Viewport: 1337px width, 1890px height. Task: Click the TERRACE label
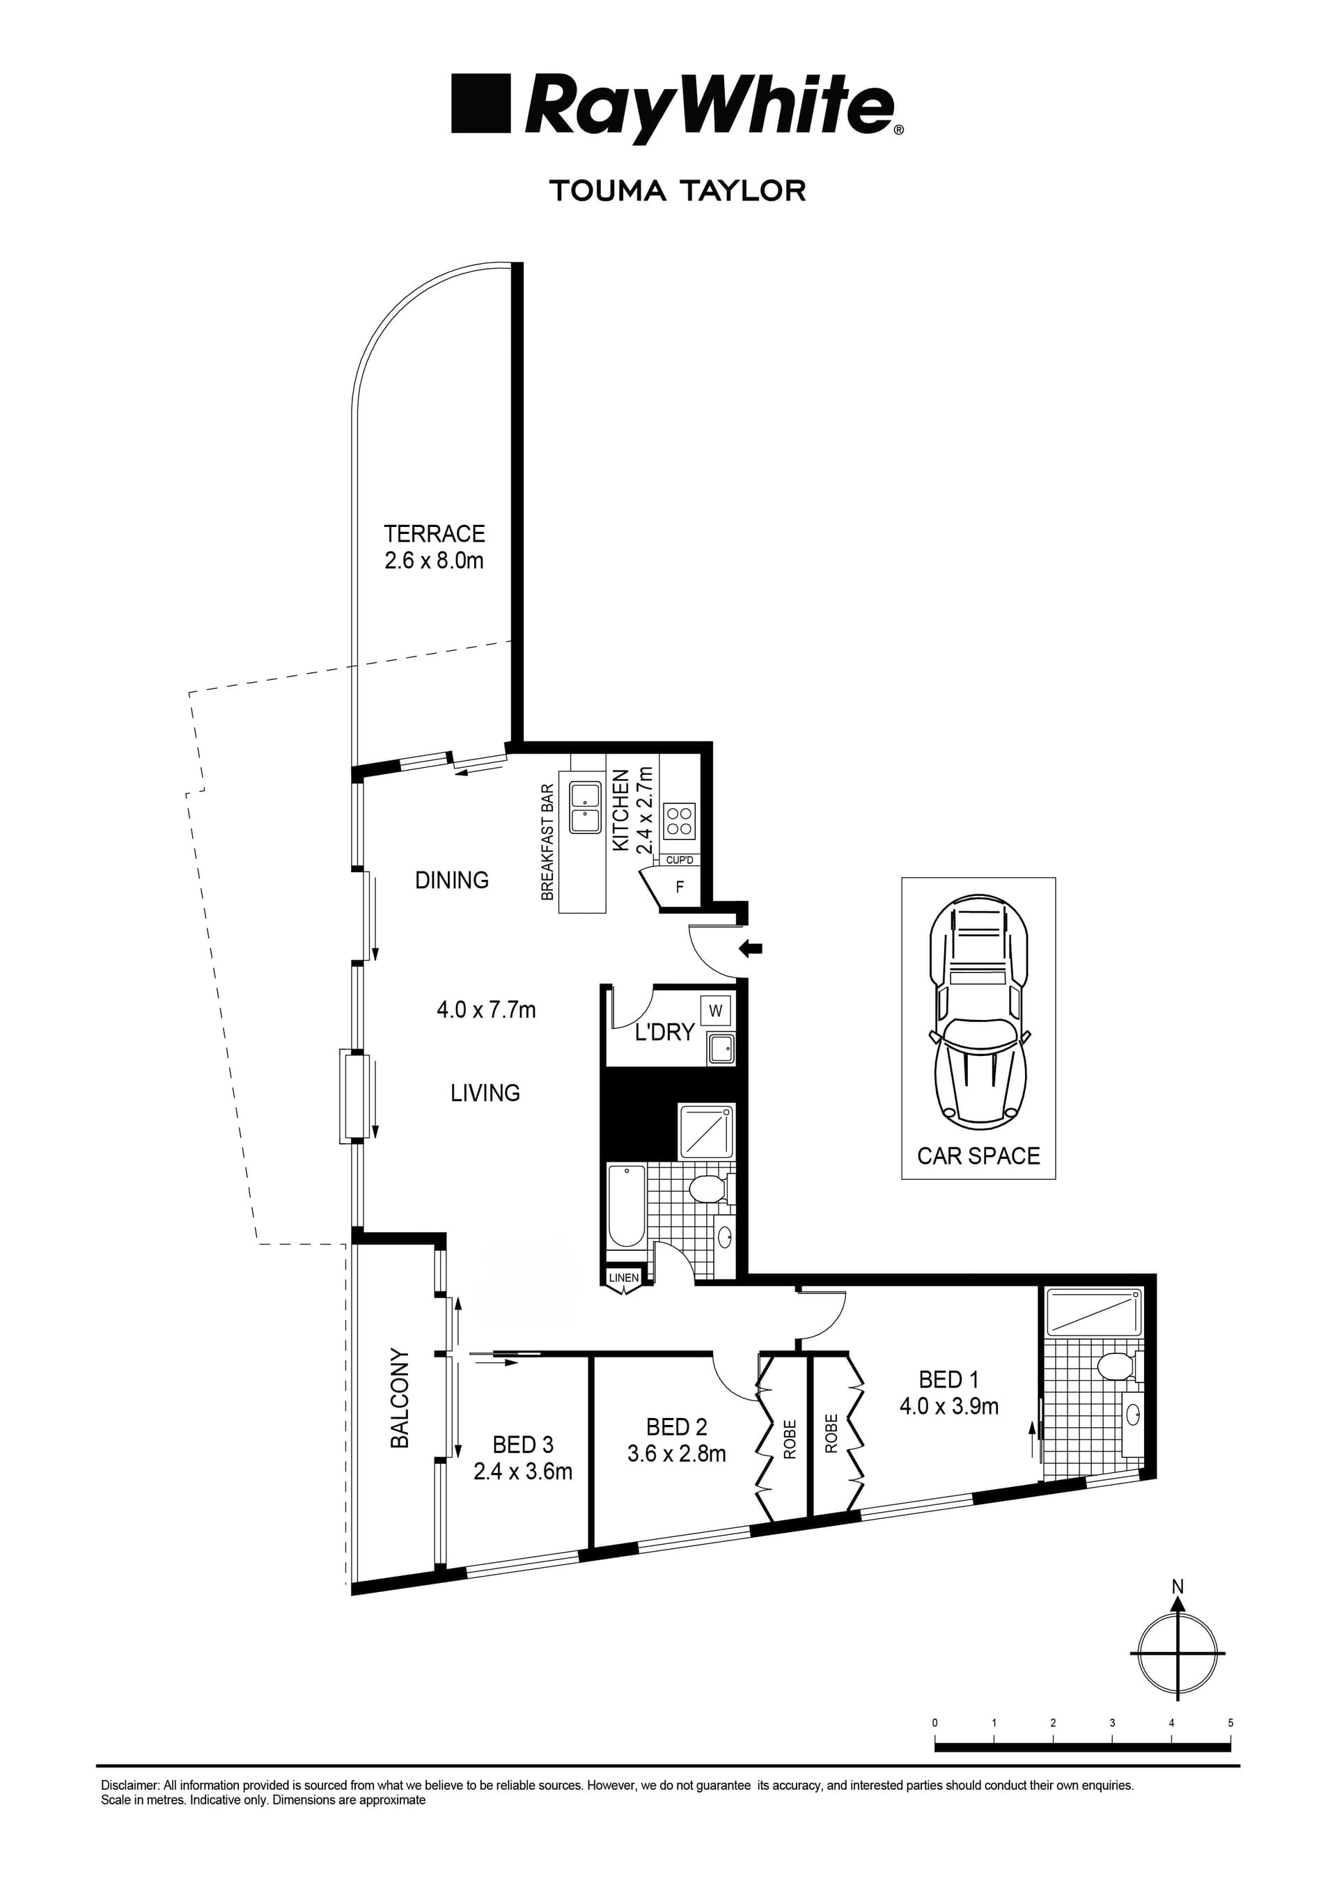434,533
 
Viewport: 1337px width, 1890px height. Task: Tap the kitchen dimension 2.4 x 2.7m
646,811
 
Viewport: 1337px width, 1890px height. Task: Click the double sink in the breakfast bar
584,808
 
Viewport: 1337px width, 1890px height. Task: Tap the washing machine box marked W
714,1010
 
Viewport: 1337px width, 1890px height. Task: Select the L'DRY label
664,1032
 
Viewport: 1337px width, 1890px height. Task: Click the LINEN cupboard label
624,1278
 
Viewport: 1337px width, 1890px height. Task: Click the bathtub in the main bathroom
627,1205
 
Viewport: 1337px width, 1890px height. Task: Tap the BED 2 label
676,1426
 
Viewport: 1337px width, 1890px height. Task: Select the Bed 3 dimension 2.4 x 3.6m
523,1471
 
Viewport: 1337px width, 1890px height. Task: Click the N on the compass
1178,1586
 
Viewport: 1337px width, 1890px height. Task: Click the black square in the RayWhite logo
480,104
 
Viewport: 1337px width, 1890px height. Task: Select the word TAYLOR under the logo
744,191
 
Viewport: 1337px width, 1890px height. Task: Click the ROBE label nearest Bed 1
831,1433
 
